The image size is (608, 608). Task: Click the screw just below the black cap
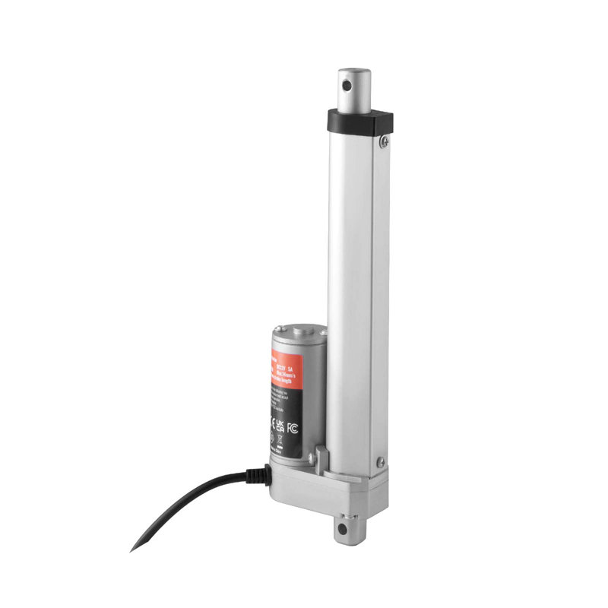[385, 141]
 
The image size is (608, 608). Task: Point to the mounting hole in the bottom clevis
[344, 527]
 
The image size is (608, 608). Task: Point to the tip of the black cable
[133, 549]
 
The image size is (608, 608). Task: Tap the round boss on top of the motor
[299, 331]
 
